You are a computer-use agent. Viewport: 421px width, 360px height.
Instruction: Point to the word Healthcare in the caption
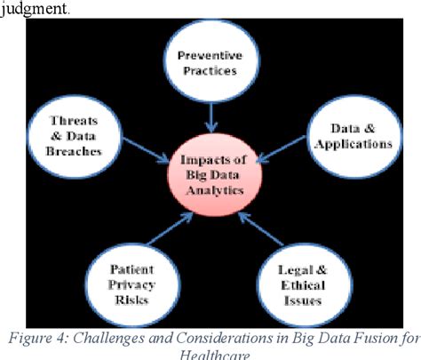pyautogui.click(x=211, y=354)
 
